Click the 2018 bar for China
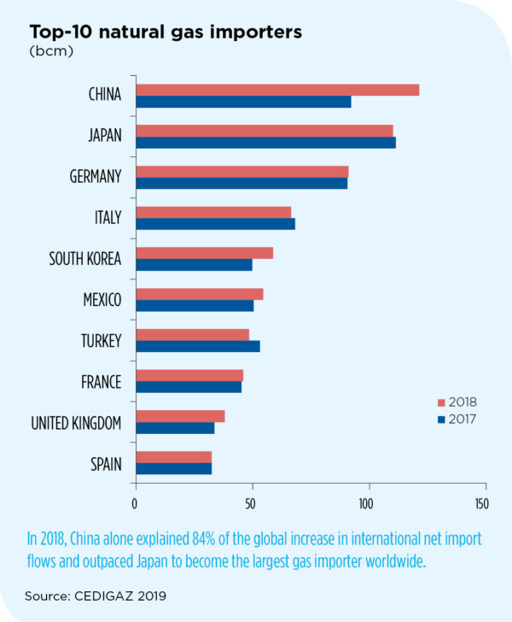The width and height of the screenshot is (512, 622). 277,90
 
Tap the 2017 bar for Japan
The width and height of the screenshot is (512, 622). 265,143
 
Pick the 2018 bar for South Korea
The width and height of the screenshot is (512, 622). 205,253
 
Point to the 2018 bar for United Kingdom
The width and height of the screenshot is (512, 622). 180,416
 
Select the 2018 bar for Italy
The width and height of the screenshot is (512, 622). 213,212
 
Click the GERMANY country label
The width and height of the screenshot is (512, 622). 95,177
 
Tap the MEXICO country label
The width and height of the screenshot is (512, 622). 102,300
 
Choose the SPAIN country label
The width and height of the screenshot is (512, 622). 106,465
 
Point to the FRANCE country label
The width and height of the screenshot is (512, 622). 102,382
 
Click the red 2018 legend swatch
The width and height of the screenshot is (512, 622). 441,402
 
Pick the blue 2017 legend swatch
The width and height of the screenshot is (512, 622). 441,419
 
